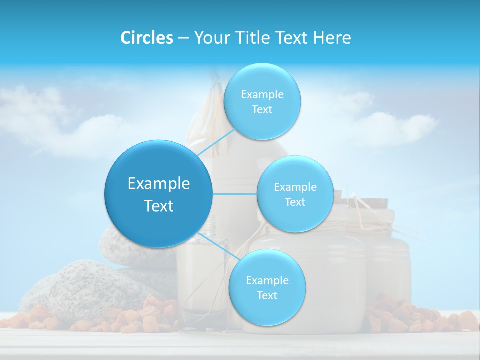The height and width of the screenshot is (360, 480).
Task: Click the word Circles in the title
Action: (147, 38)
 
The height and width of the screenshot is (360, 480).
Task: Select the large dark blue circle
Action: (158, 194)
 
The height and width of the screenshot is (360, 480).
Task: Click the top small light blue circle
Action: (262, 101)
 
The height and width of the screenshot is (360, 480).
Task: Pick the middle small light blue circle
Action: (295, 194)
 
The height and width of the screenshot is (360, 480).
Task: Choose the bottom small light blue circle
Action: (267, 288)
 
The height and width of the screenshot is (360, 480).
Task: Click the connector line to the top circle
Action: (216, 142)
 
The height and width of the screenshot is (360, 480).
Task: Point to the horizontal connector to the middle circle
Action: (234, 194)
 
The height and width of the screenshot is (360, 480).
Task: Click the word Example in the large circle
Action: (158, 184)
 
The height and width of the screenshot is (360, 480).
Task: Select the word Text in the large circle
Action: (158, 206)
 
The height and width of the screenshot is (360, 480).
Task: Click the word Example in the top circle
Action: (262, 94)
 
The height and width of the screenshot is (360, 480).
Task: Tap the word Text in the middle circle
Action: (295, 202)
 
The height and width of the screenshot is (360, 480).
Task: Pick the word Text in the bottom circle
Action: (267, 295)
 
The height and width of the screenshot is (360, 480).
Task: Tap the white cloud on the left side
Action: (40, 115)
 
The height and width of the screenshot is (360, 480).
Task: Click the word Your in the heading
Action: (210, 38)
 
